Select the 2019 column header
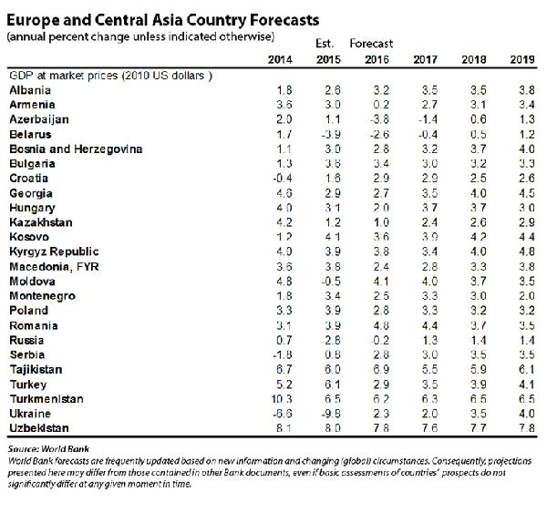[522, 59]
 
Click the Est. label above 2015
[325, 43]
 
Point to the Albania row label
[29, 90]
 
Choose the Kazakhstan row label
[39, 221]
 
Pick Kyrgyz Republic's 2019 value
[523, 251]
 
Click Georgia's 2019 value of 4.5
[523, 192]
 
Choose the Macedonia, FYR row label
[52, 266]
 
